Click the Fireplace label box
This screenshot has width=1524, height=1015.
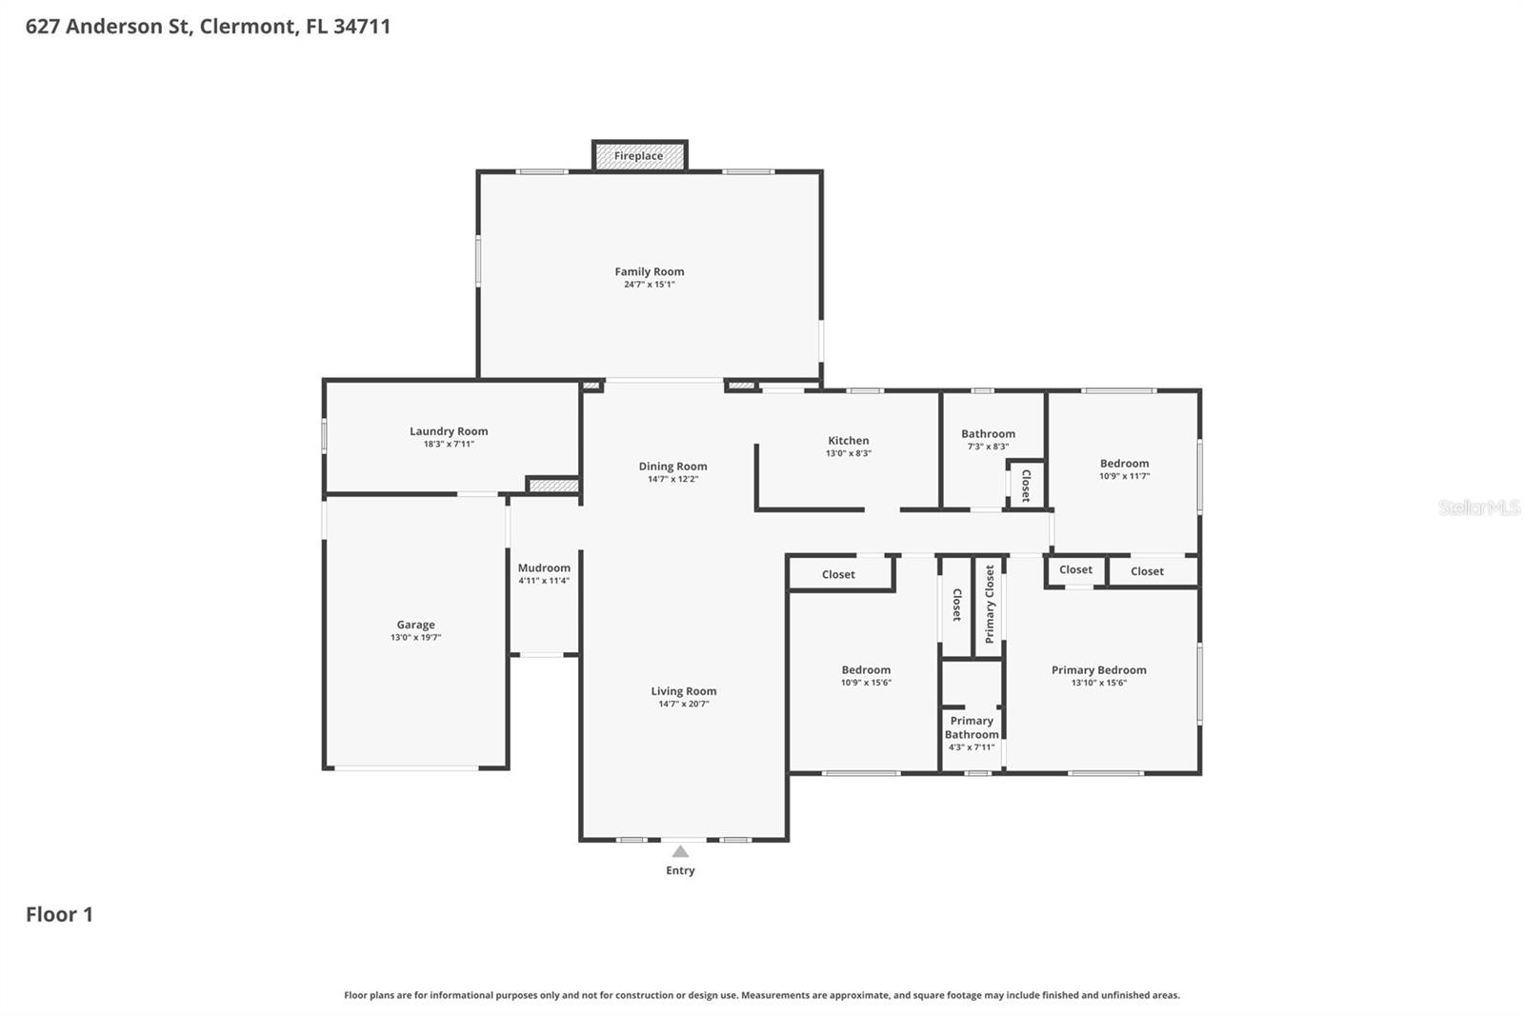click(639, 156)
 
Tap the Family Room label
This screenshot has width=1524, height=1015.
click(649, 271)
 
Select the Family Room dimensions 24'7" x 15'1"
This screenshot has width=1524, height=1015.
click(649, 285)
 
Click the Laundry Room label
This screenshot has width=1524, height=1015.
click(449, 431)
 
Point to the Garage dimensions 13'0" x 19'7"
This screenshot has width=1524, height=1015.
click(415, 638)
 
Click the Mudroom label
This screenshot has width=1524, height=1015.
click(544, 567)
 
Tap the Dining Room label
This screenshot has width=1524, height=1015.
click(672, 467)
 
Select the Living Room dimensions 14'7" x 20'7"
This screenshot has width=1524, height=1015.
click(683, 705)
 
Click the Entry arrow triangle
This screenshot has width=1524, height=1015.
click(680, 851)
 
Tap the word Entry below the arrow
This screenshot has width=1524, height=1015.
click(680, 870)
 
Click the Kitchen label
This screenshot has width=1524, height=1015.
click(848, 441)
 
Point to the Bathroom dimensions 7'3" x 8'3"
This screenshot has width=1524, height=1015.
click(988, 447)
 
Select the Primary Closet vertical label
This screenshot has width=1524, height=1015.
click(990, 604)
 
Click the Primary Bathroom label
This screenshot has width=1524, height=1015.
click(972, 727)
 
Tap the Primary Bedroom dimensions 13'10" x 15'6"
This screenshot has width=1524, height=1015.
click(1098, 683)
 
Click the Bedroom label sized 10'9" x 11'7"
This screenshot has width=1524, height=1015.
click(1124, 464)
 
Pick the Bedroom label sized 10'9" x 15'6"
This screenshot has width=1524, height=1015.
click(866, 670)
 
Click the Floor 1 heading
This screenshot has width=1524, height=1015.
click(59, 914)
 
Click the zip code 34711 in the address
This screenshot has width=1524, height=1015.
click(362, 27)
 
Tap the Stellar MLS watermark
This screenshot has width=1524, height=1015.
click(1478, 507)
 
